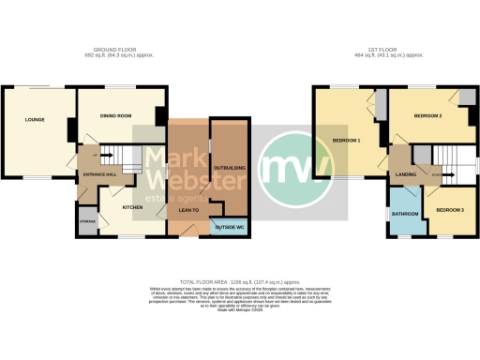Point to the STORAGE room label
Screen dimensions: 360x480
click(87, 220)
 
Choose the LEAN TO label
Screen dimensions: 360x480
click(186, 210)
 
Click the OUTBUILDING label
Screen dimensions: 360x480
click(230, 167)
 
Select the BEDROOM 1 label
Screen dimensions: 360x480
click(347, 141)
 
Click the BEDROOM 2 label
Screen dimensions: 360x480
click(427, 117)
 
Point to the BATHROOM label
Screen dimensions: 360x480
click(405, 214)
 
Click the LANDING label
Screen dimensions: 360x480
click(406, 174)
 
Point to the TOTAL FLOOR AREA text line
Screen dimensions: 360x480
click(240, 281)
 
